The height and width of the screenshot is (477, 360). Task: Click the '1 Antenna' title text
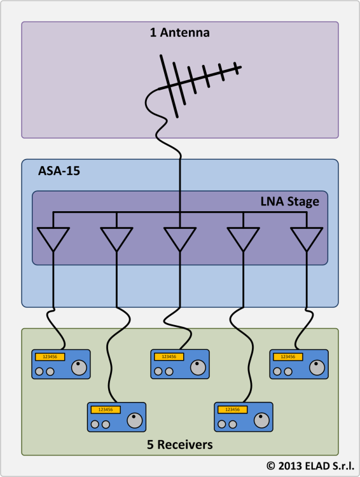coord(180,32)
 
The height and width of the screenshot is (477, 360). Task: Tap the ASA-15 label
coord(59,171)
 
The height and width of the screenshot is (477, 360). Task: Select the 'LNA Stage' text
coord(289,202)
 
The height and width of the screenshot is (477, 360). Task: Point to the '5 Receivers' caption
coord(180,445)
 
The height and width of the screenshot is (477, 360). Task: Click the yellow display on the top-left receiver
coord(50,357)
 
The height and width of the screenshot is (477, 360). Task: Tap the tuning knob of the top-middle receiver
coord(198,368)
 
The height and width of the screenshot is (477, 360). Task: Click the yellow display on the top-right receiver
coord(288,357)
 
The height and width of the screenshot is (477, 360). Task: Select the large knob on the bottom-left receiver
coord(135,421)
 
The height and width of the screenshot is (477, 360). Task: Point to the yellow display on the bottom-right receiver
coord(233,410)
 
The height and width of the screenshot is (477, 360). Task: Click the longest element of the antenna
coord(169,86)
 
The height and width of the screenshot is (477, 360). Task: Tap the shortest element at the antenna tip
coord(236,68)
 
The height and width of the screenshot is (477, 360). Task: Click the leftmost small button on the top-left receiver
coord(39,371)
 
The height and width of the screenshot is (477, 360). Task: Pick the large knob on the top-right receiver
coord(317,368)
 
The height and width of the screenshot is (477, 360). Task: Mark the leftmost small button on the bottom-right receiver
coord(222,424)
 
